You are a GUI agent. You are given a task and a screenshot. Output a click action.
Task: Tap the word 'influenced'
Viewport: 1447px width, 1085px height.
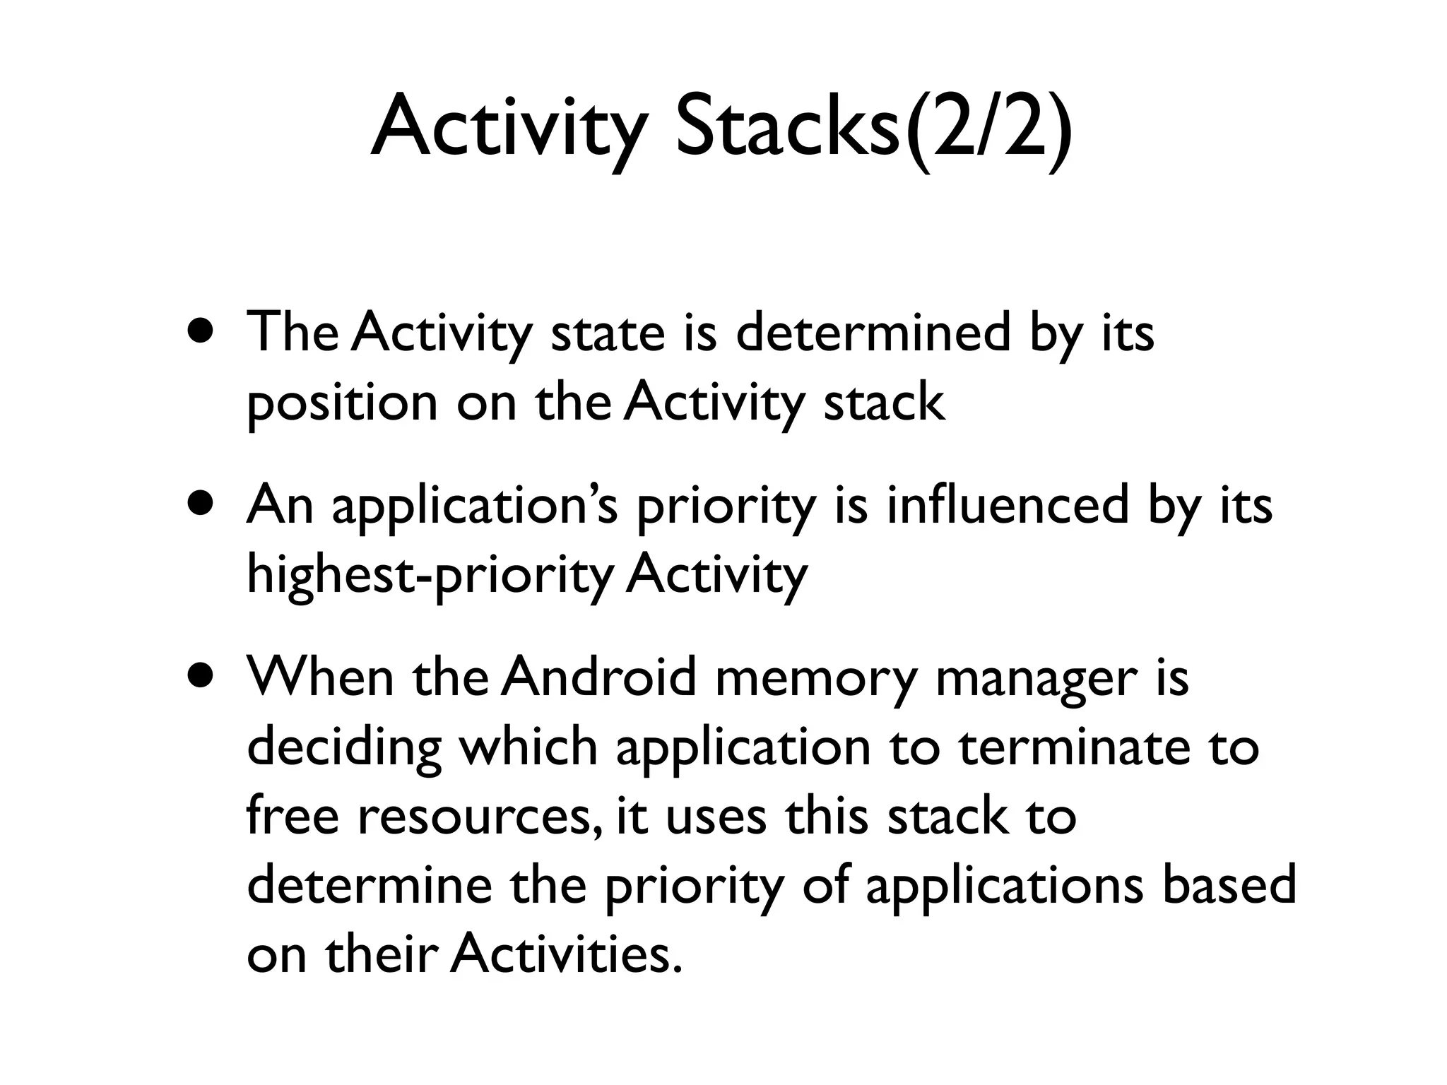tap(1008, 504)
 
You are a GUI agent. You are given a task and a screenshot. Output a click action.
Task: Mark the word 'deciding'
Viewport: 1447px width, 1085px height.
tap(344, 747)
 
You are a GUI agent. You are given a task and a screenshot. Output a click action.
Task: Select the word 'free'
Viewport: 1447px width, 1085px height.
tap(293, 815)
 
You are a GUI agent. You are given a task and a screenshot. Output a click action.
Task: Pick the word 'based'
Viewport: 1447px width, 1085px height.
tap(1229, 884)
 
